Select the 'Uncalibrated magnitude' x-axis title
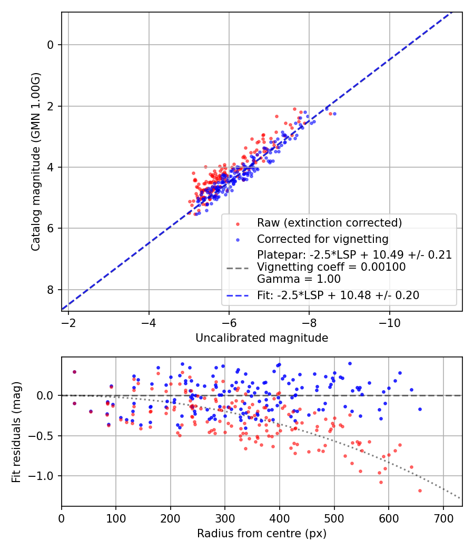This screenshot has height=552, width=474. [x=262, y=338]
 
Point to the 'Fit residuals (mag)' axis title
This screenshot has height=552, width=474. [x=16, y=432]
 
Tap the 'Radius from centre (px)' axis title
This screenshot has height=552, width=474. [x=262, y=534]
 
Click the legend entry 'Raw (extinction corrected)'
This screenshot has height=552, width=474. [x=329, y=223]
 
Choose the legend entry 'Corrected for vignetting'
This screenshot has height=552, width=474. [x=322, y=239]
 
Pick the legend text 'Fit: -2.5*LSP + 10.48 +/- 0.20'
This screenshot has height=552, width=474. [x=338, y=295]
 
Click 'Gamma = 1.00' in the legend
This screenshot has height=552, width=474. [x=299, y=279]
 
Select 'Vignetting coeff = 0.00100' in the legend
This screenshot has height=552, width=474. [x=331, y=267]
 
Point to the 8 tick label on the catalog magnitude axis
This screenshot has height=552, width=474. [x=51, y=290]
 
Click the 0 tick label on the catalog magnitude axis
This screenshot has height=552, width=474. [x=51, y=45]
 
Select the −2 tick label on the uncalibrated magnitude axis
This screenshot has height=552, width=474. [x=68, y=322]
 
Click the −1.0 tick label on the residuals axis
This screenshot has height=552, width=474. [x=44, y=476]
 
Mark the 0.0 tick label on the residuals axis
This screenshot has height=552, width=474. [x=46, y=395]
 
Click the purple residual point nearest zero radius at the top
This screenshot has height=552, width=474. [x=74, y=372]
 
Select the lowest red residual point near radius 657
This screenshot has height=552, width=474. [x=420, y=490]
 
